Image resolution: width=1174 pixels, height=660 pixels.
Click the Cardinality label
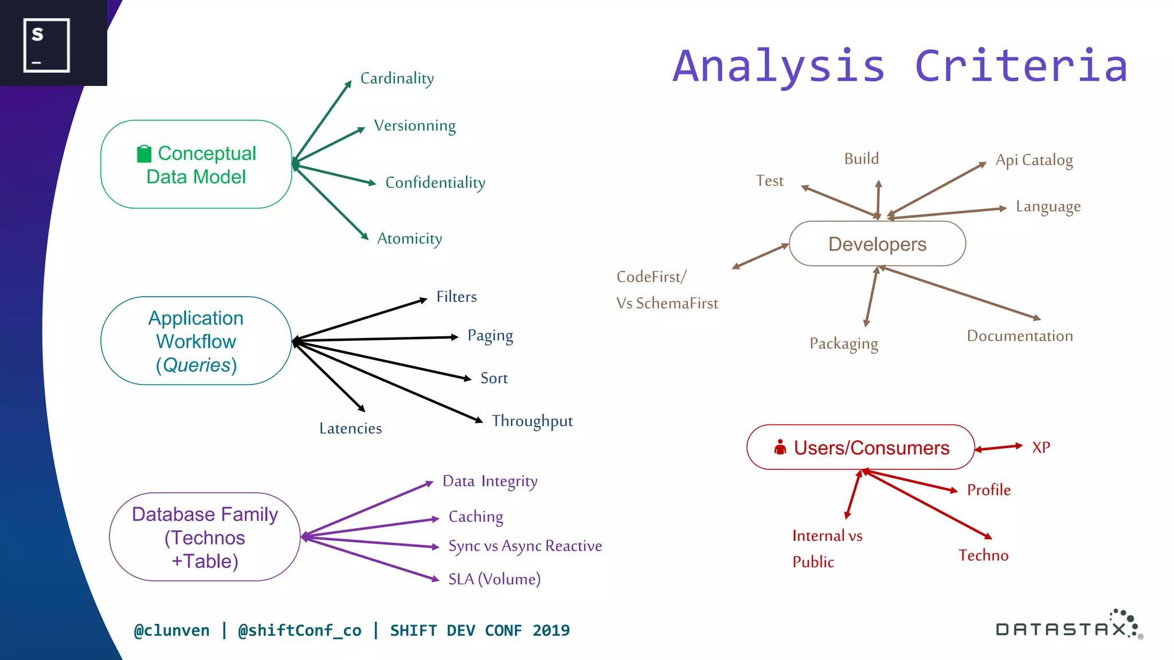397,78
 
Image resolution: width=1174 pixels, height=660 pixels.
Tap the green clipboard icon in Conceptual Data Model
144,154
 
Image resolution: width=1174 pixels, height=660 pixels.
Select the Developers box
877,244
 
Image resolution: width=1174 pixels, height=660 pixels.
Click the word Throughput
532,421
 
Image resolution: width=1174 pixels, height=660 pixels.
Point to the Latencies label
350,429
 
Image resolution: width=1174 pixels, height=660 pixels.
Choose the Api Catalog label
1034,160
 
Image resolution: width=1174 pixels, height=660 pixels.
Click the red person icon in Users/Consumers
780,447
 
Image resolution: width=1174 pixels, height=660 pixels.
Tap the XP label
1041,447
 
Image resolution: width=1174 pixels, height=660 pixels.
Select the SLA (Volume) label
494,579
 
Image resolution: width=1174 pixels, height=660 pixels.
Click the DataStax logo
1069,626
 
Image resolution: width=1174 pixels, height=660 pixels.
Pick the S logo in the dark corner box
46,45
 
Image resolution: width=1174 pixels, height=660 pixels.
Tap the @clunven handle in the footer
171,630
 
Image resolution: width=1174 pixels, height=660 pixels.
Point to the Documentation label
1019,336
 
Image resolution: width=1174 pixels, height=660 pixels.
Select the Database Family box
205,537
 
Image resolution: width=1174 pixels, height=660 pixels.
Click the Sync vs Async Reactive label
525,546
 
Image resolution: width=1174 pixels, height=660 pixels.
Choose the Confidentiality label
435,183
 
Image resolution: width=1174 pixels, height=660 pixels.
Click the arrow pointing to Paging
375,339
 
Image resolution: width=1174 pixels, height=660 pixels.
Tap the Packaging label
843,344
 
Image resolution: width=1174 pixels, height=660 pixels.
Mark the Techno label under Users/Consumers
983,555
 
